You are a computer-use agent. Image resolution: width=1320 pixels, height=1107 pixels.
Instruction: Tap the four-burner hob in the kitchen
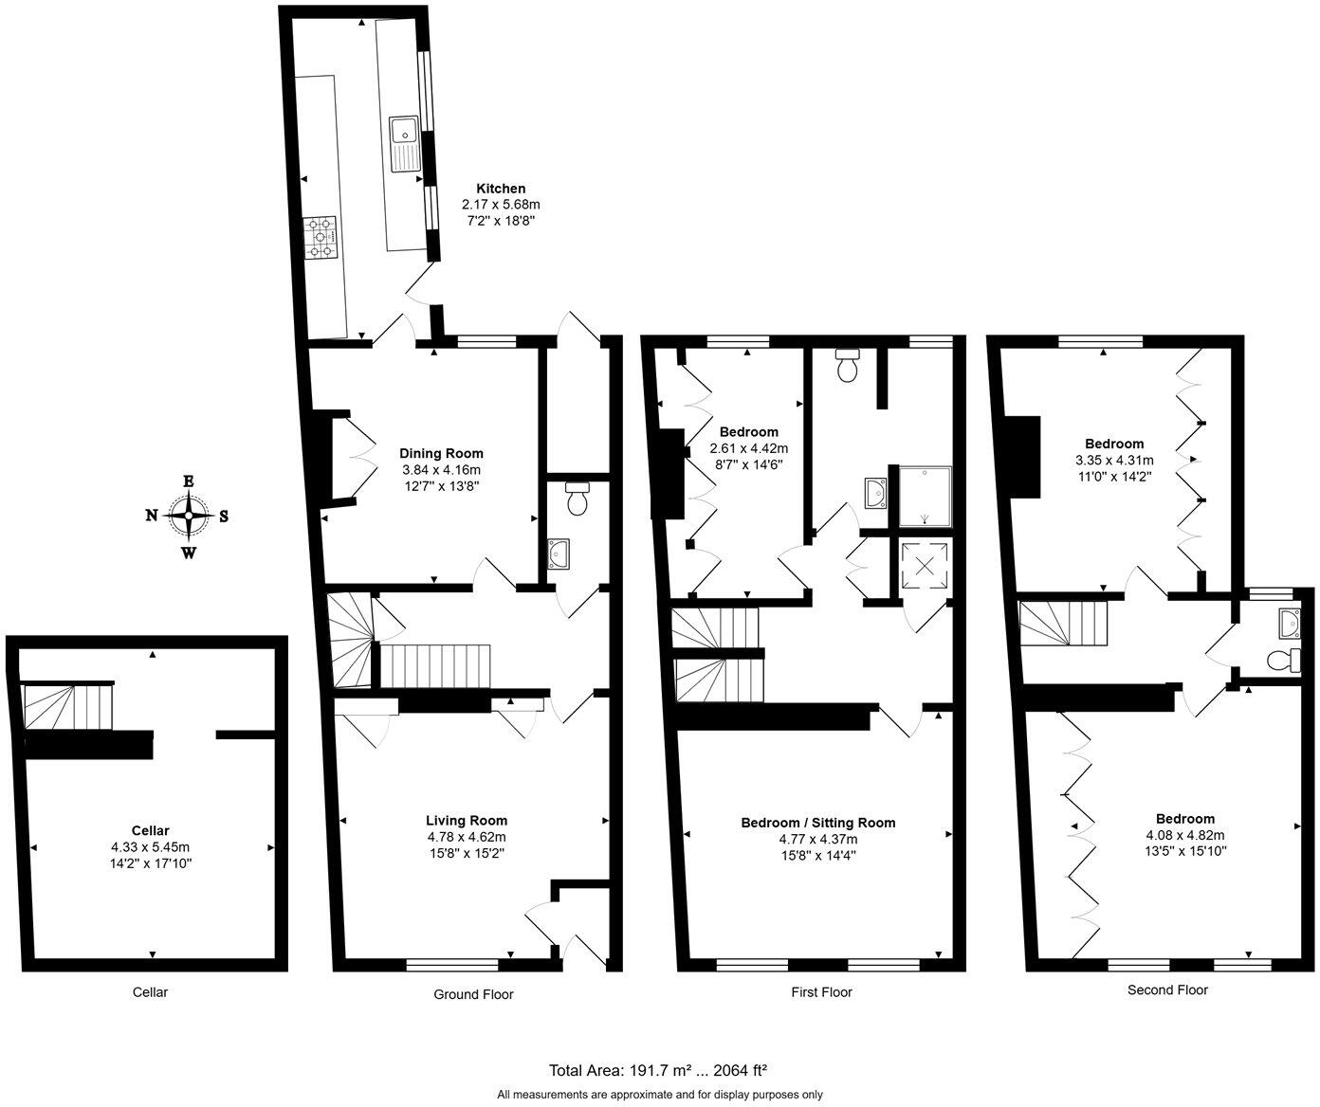click(320, 237)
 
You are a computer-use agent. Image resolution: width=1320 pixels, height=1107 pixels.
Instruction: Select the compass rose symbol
click(190, 516)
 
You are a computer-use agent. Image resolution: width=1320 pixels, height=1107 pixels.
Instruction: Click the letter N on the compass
click(151, 516)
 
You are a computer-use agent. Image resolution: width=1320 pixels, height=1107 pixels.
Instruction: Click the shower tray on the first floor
click(922, 495)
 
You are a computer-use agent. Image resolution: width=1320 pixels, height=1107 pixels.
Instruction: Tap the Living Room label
click(467, 821)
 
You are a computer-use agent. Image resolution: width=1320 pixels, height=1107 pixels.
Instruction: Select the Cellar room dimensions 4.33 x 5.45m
click(150, 847)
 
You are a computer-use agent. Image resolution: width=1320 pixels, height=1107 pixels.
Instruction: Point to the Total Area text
click(658, 1070)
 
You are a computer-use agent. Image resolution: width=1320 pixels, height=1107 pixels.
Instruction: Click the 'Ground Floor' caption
click(473, 994)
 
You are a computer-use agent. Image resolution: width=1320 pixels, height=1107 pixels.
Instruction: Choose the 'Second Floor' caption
click(1167, 990)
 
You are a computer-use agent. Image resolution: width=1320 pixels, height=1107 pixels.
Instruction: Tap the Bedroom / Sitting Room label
click(817, 823)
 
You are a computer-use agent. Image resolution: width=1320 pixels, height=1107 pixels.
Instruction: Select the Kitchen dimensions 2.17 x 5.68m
click(501, 205)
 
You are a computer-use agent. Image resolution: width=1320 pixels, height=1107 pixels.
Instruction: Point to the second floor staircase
click(1064, 625)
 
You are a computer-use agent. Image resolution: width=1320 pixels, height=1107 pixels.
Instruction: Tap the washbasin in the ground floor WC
click(559, 552)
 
